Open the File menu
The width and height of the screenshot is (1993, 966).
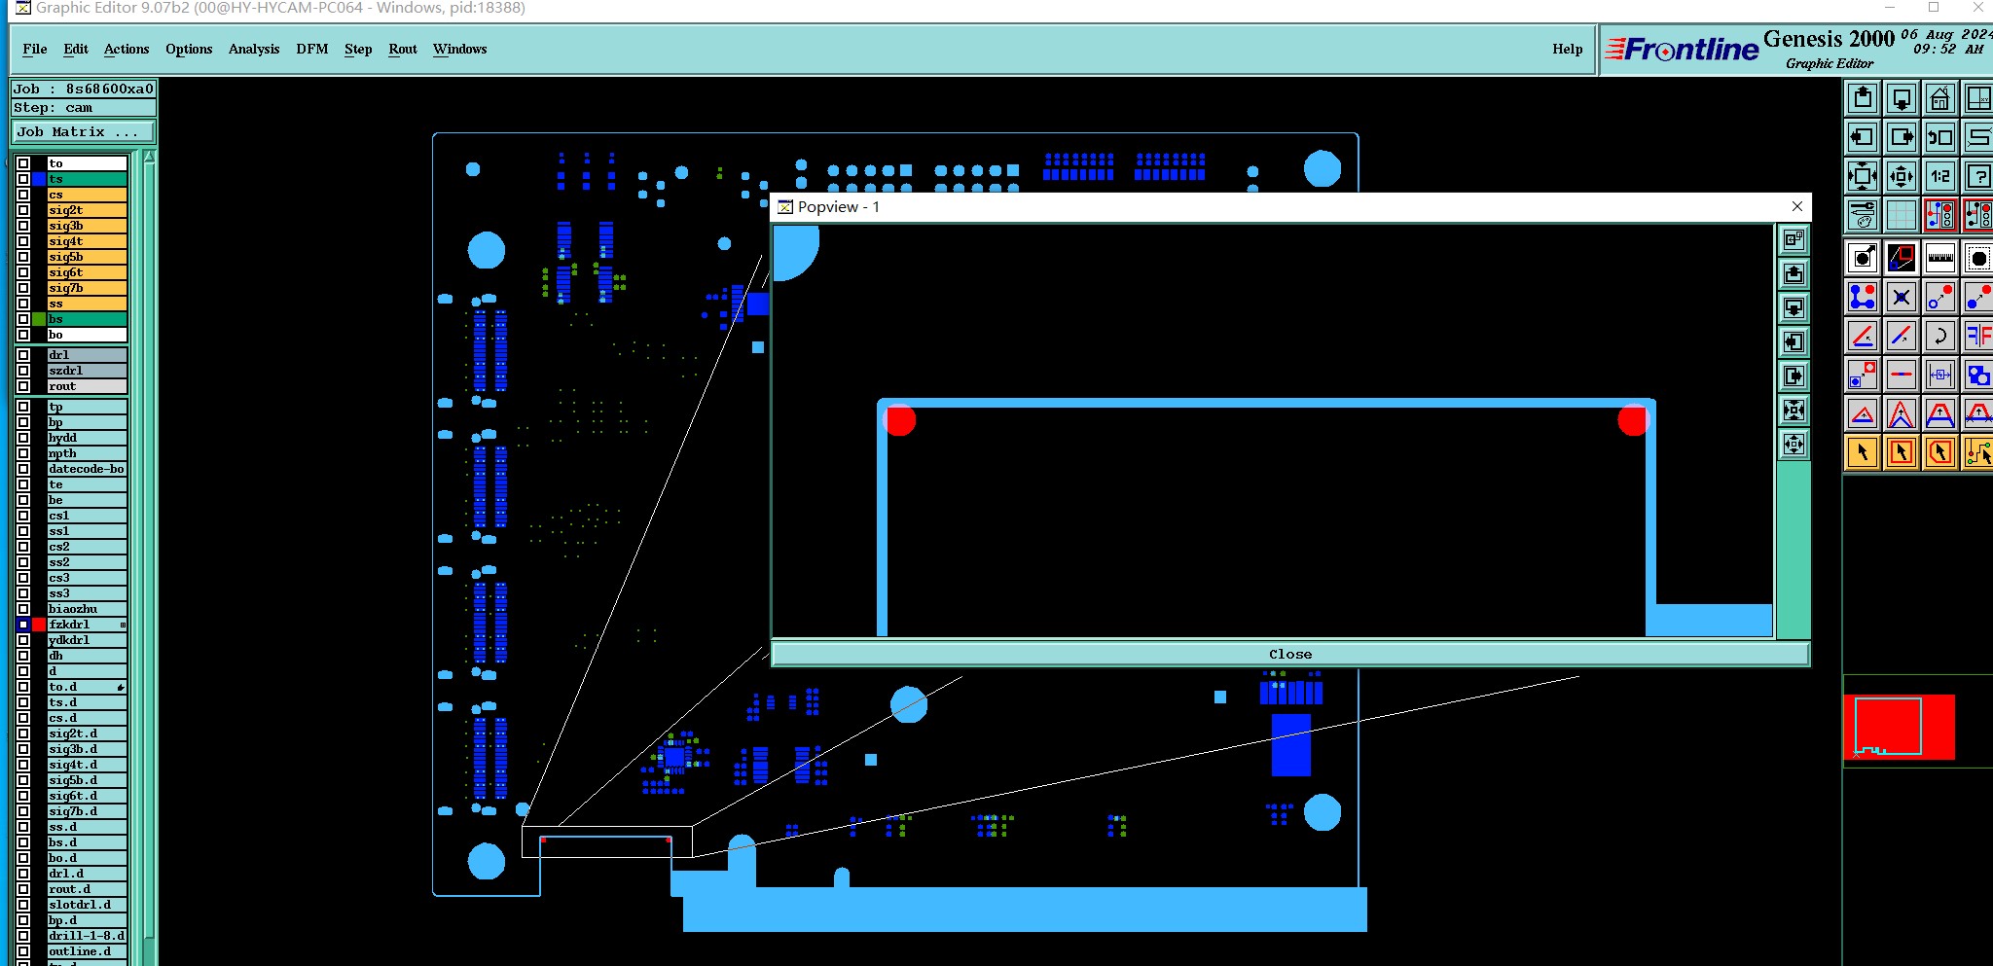click(35, 49)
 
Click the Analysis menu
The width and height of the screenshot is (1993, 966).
click(253, 49)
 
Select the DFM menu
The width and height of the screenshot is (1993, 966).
click(311, 49)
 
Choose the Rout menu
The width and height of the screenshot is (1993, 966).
click(402, 49)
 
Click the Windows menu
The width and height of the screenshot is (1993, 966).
click(459, 49)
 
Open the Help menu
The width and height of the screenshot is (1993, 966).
click(1567, 49)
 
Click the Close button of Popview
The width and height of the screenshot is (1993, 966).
click(1289, 654)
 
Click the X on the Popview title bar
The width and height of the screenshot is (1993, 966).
click(1796, 206)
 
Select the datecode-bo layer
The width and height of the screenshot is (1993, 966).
click(86, 469)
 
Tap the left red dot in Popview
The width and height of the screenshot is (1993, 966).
click(899, 421)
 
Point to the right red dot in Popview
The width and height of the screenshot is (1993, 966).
click(1632, 421)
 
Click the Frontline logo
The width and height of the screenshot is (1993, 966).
click(1682, 50)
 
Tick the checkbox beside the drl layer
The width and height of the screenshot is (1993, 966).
click(23, 355)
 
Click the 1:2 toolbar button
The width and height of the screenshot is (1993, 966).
click(1940, 176)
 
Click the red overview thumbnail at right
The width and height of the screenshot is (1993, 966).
click(1899, 727)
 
